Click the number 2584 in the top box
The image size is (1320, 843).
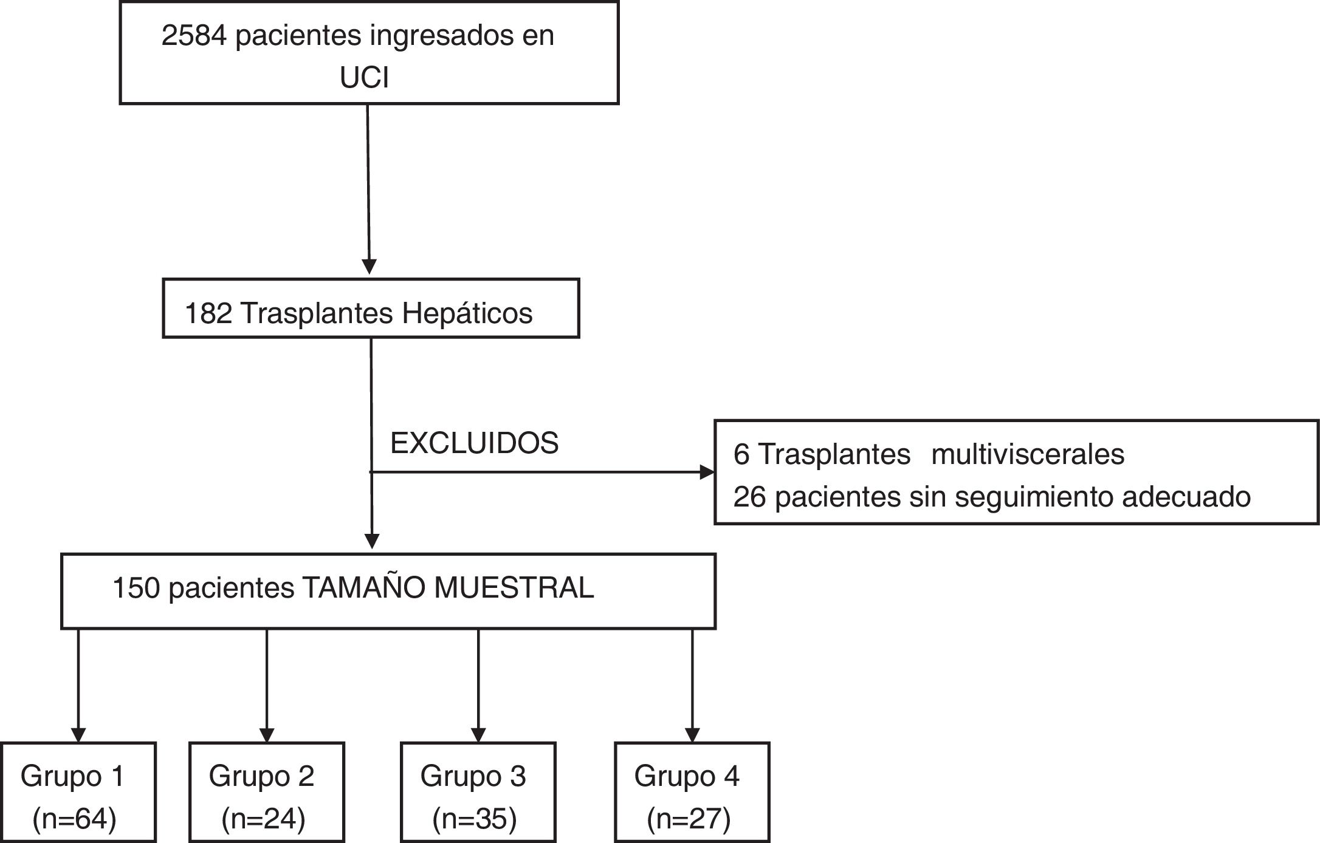pos(194,36)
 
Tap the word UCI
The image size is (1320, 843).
pos(364,78)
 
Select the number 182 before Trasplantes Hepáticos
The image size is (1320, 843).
pos(208,314)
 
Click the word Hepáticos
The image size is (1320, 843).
pos(467,314)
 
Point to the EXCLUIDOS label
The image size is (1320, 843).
pos(474,443)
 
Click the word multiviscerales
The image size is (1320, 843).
pos(1028,454)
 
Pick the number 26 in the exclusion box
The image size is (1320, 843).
pos(749,497)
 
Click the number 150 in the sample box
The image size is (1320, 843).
pos(136,588)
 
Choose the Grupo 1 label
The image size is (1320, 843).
pos(72,776)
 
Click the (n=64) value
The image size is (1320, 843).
pos(74,819)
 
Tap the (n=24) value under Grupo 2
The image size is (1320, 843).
pos(263,819)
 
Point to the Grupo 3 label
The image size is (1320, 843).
pos(473,776)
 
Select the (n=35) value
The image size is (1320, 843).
pos(474,819)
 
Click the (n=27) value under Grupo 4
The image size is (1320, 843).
pos(689,819)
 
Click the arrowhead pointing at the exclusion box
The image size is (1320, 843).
pos(707,472)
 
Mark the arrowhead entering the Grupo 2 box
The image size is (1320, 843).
pos(267,735)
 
